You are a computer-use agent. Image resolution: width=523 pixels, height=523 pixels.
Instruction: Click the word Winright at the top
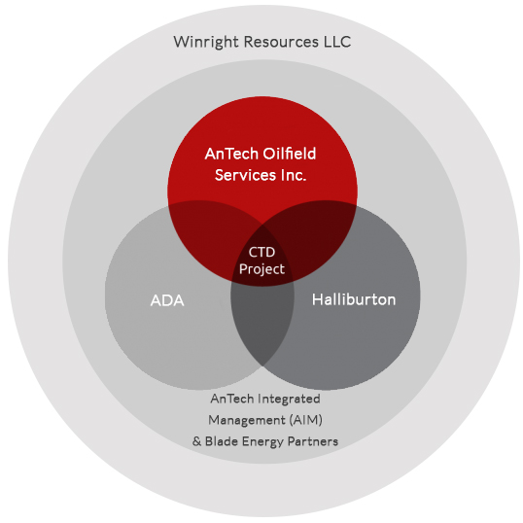point(206,43)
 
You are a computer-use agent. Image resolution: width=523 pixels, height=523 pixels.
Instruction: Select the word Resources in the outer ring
point(281,42)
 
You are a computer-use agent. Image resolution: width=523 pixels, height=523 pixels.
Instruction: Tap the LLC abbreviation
point(337,42)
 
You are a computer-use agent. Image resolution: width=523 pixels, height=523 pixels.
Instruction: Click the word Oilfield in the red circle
point(289,154)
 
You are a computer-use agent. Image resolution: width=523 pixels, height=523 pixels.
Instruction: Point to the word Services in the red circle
point(245,175)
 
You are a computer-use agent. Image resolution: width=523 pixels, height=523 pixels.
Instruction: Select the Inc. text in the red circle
point(294,175)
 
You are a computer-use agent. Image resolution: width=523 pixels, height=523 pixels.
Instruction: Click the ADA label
point(167,300)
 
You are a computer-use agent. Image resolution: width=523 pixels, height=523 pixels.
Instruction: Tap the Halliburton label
point(354,299)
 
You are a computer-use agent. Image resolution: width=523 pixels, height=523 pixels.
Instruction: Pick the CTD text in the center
point(261,252)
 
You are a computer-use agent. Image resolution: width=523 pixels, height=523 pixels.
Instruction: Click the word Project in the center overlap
point(261,269)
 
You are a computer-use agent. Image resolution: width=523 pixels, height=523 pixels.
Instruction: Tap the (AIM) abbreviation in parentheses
point(306,420)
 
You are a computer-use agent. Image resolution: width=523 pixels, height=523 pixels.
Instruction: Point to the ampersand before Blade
point(196,441)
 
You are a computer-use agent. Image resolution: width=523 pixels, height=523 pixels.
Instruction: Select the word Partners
point(313,441)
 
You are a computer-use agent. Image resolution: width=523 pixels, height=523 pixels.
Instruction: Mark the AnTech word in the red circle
point(231,154)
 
